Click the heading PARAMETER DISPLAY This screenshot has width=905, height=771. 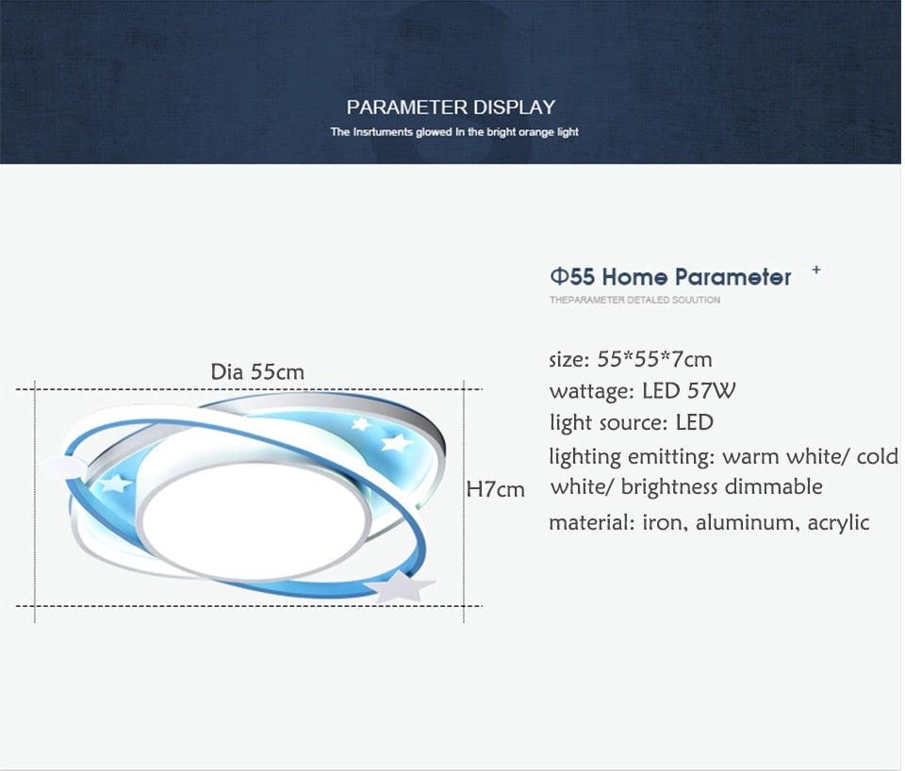(x=451, y=107)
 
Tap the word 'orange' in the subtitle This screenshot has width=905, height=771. (x=536, y=132)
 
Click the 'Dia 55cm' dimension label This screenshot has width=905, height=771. (x=257, y=371)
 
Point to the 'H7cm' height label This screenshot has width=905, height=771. (x=495, y=489)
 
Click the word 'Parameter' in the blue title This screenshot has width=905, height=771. (x=733, y=277)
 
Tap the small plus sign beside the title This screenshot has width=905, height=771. (x=816, y=270)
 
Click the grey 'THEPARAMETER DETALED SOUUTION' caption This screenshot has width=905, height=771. (x=634, y=300)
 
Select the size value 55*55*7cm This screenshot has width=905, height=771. (x=654, y=359)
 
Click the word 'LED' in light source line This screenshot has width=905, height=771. (x=695, y=422)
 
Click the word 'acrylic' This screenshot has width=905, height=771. (x=839, y=523)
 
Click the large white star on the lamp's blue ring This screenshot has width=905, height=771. (x=400, y=585)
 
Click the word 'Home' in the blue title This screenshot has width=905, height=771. (x=634, y=277)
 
